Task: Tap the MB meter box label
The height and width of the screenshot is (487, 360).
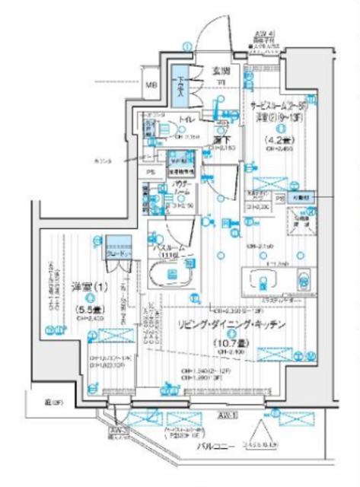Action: point(151,85)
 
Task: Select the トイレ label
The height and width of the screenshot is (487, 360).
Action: point(186,120)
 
